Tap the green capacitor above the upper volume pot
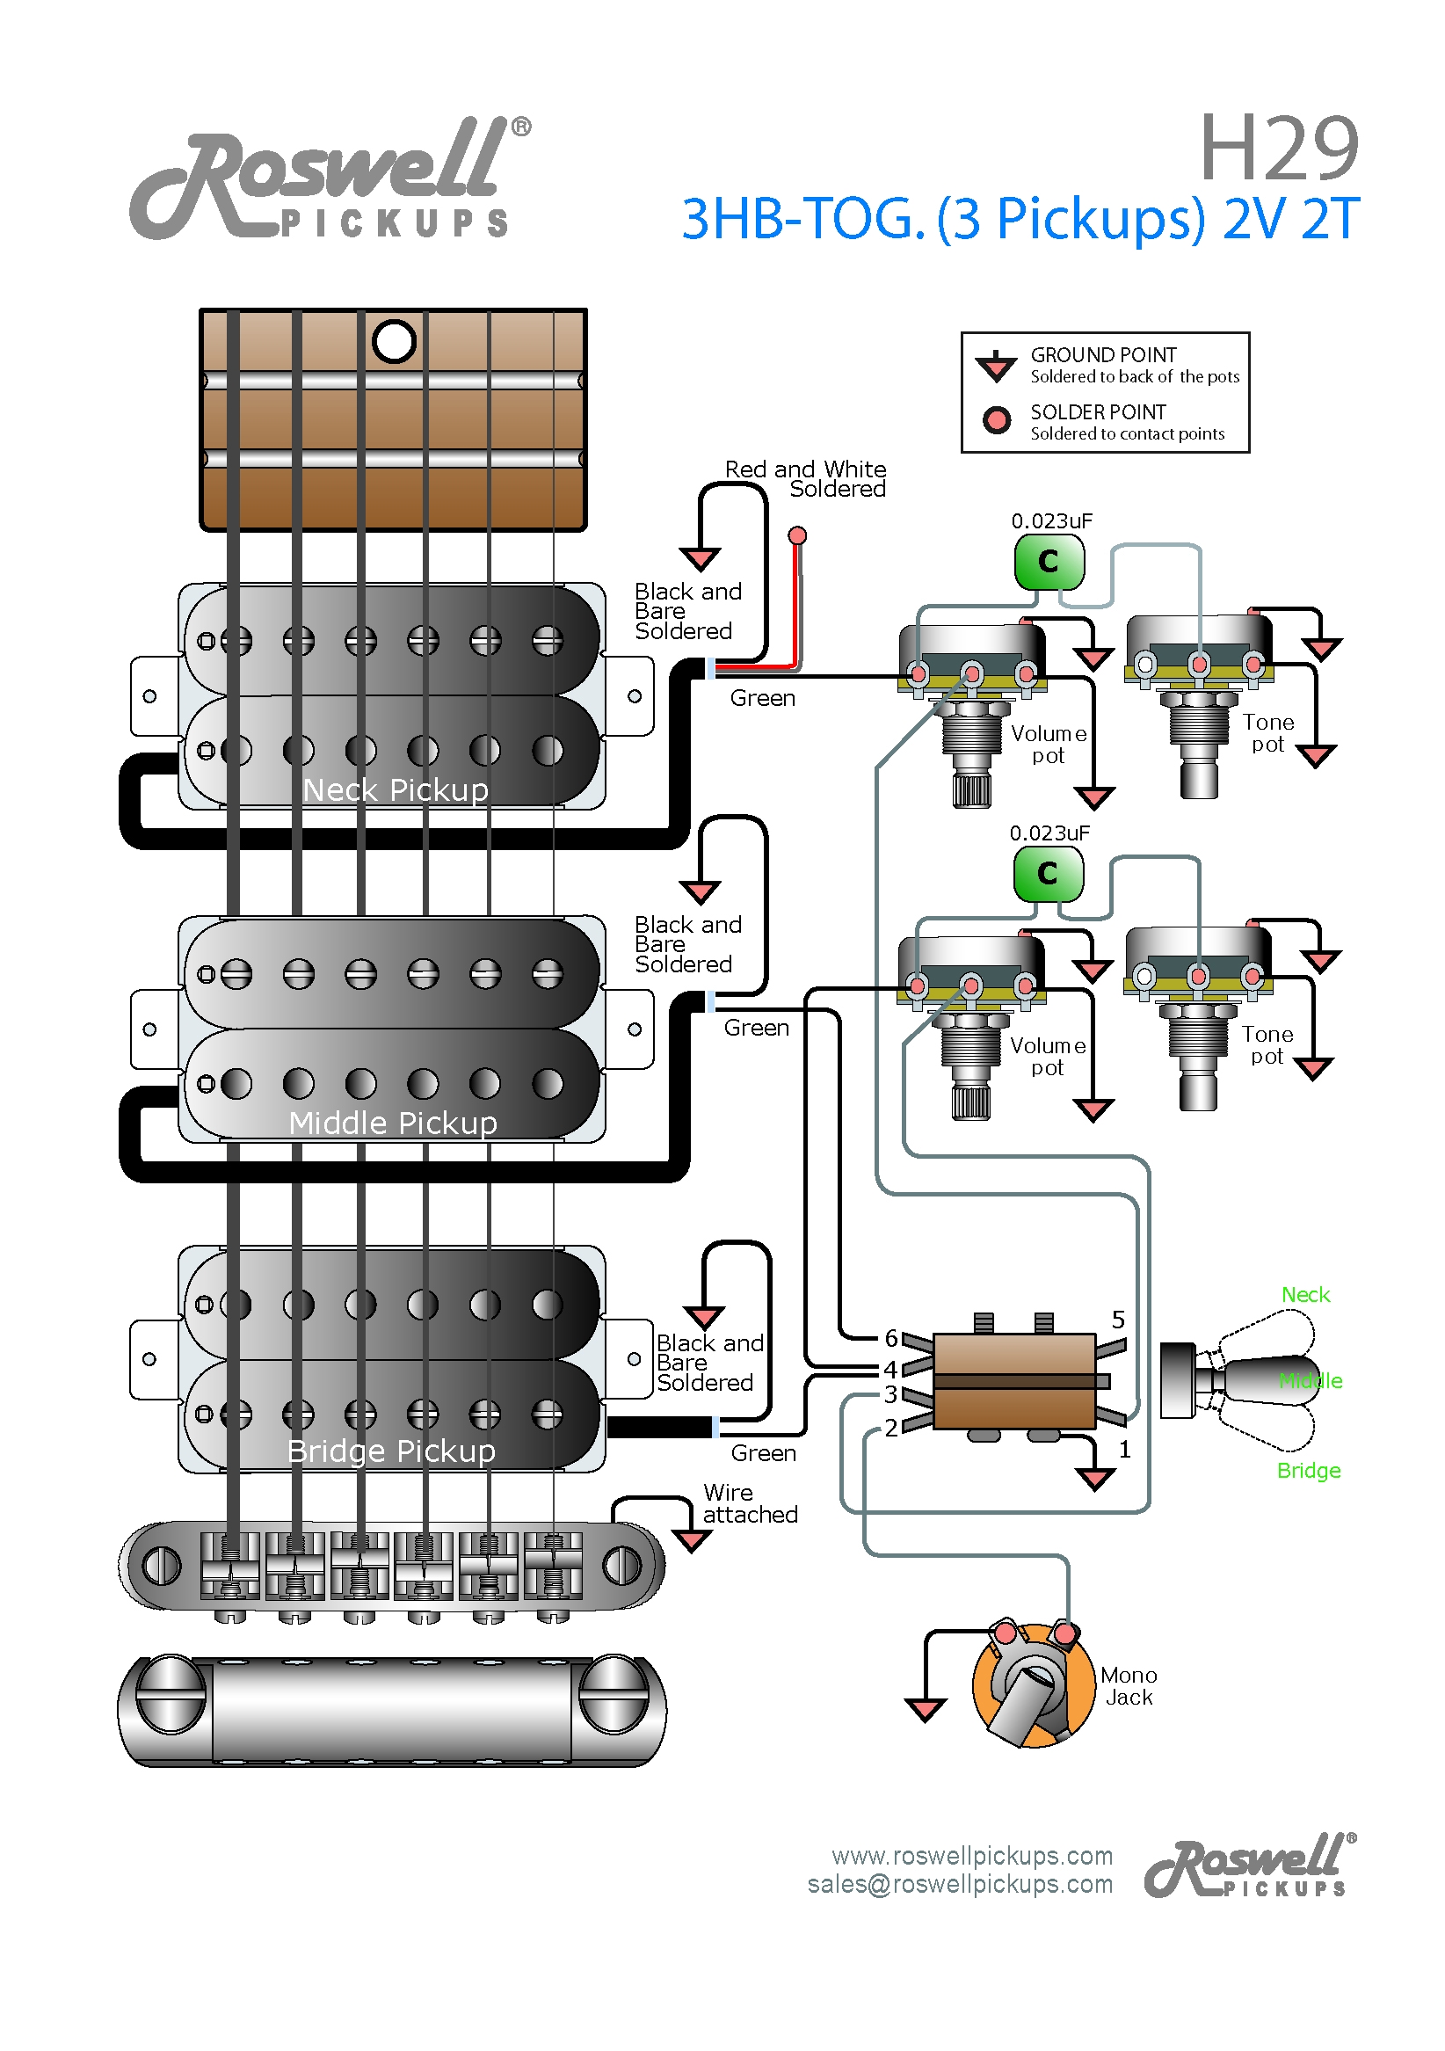[1049, 562]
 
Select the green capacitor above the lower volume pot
[1048, 874]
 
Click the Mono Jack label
[1128, 1685]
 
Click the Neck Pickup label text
[395, 789]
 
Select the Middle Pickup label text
[393, 1122]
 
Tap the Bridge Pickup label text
[391, 1451]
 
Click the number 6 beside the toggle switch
[890, 1338]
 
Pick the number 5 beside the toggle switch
[1118, 1320]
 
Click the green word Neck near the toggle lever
[1304, 1294]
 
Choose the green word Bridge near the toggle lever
[1309, 1471]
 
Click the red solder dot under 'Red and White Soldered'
[797, 535]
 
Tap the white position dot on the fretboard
[394, 341]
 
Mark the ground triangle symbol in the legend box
[996, 366]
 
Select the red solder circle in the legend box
[996, 420]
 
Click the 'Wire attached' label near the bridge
[749, 1503]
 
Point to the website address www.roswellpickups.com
[971, 1855]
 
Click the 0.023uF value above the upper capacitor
[1051, 520]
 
